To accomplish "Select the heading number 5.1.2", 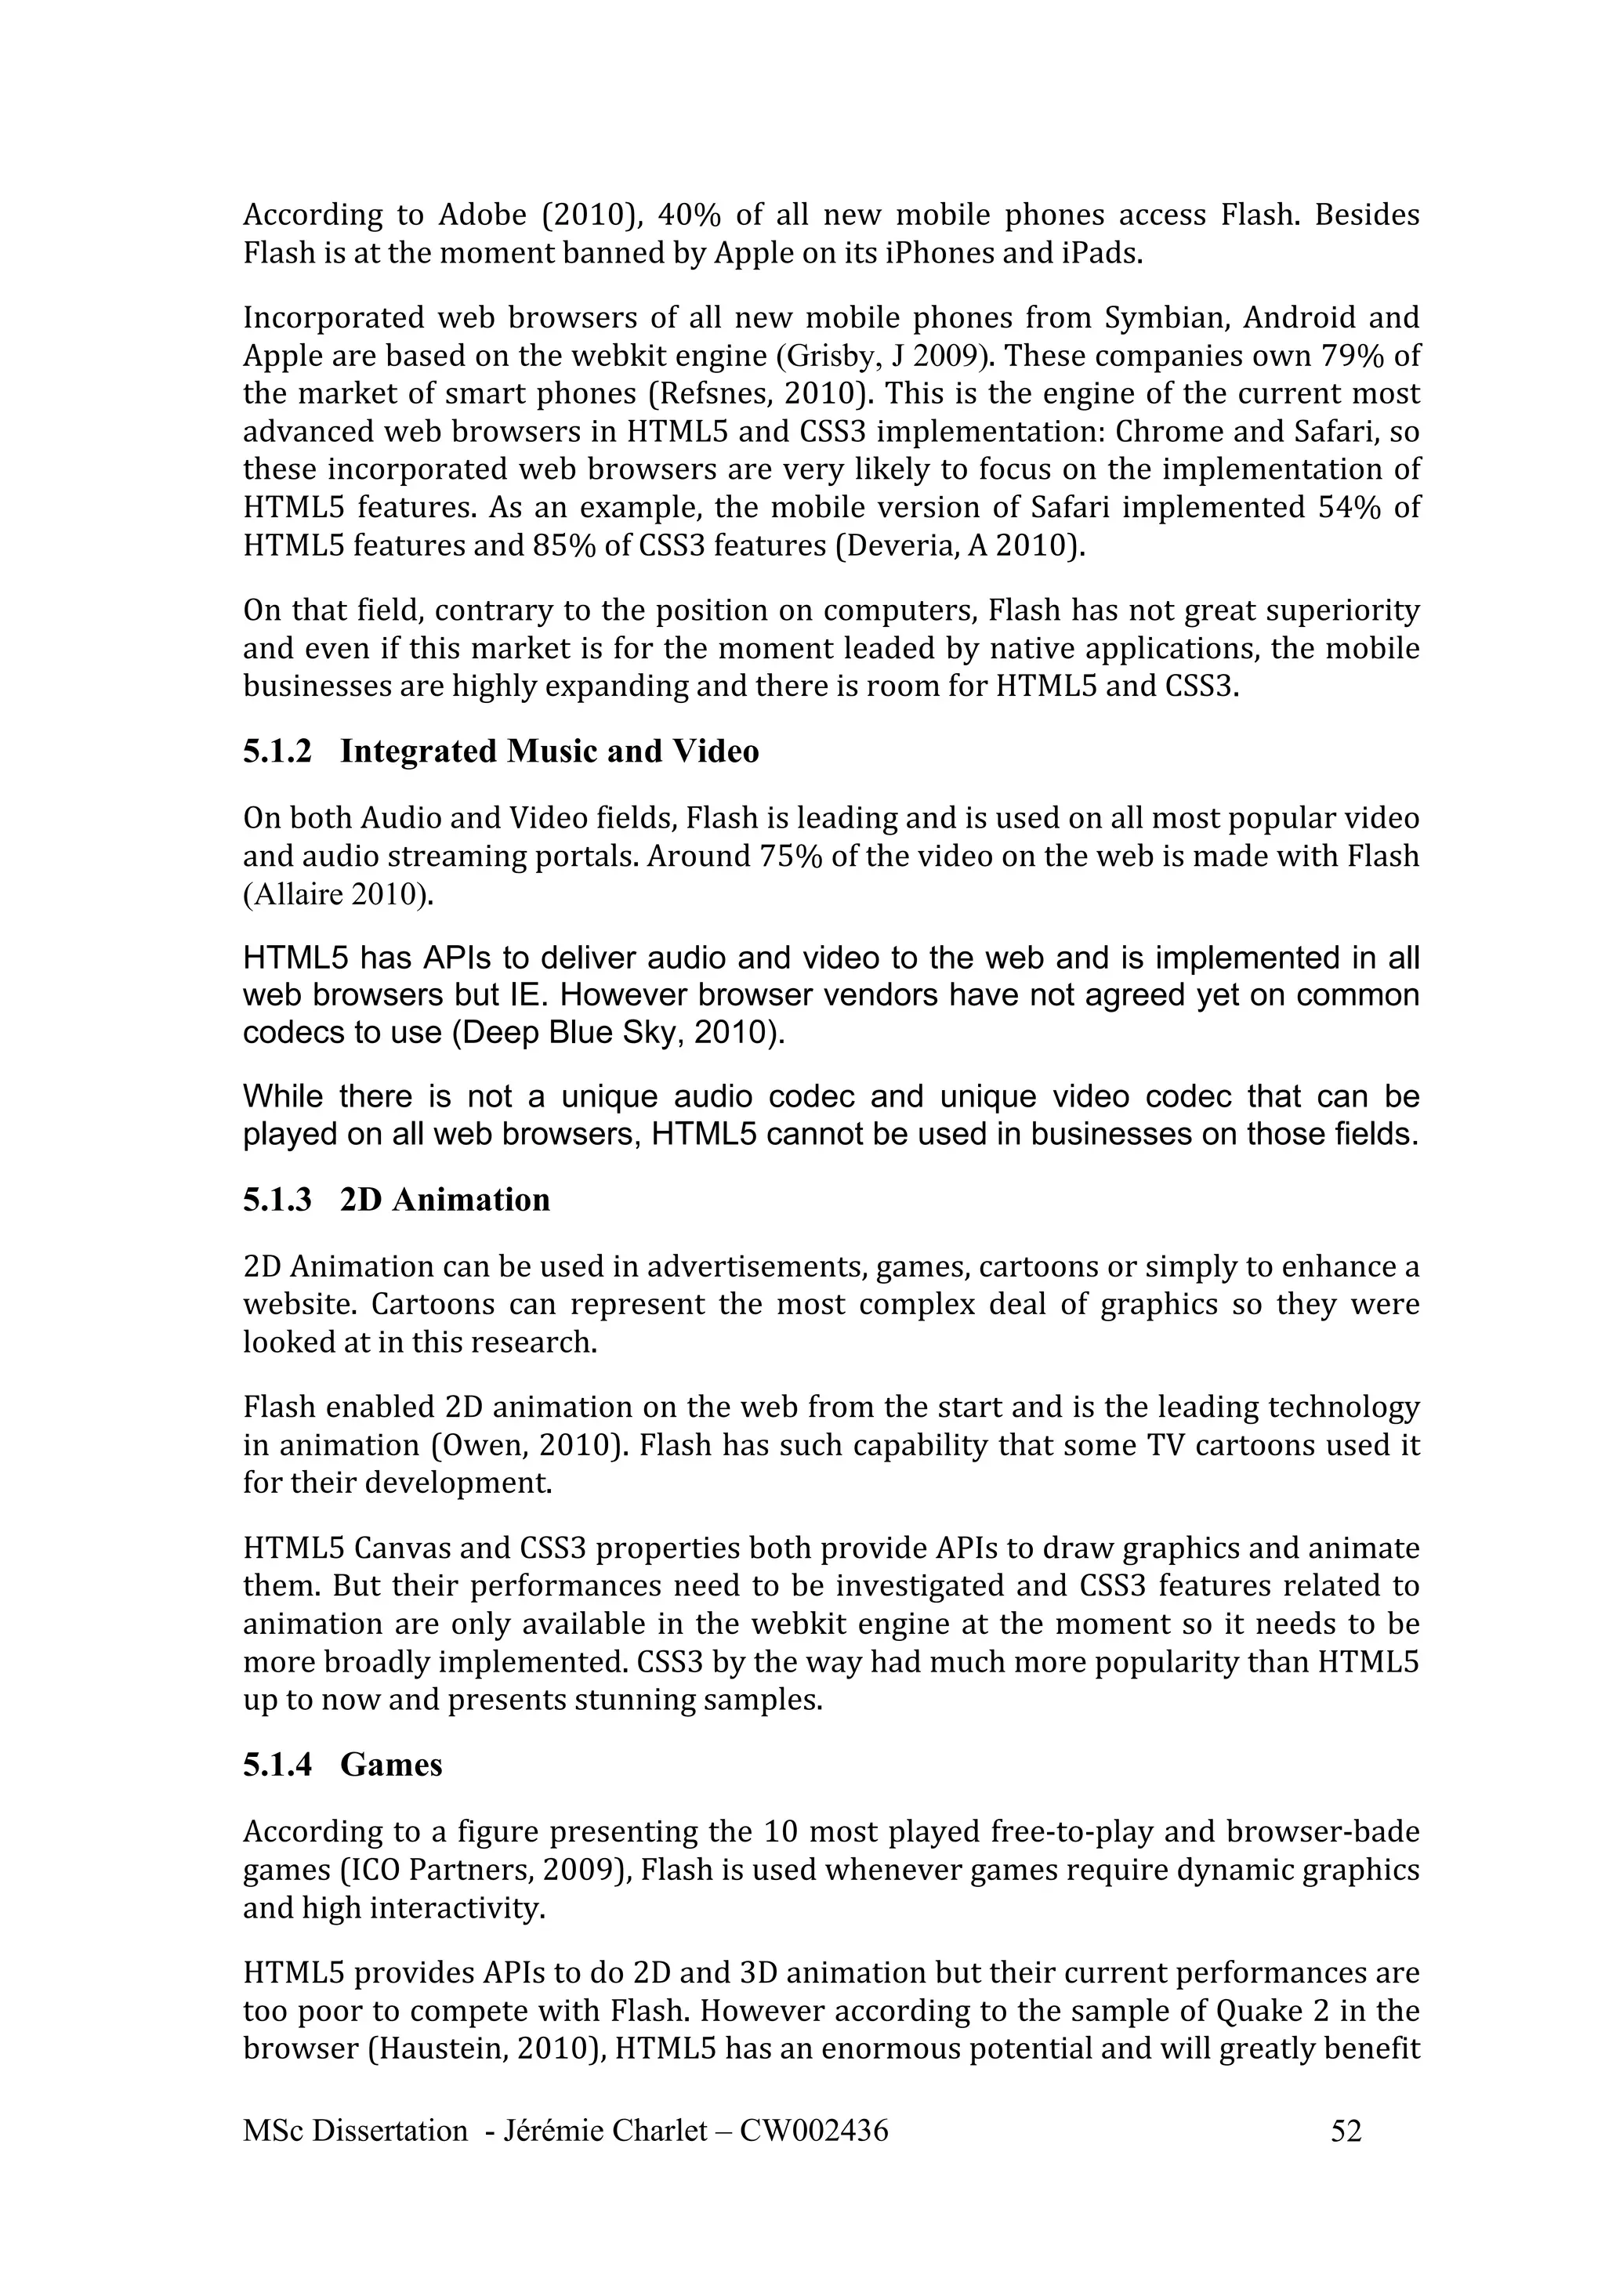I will pyautogui.click(x=277, y=752).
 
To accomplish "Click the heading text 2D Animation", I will pyautogui.click(x=444, y=1200).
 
